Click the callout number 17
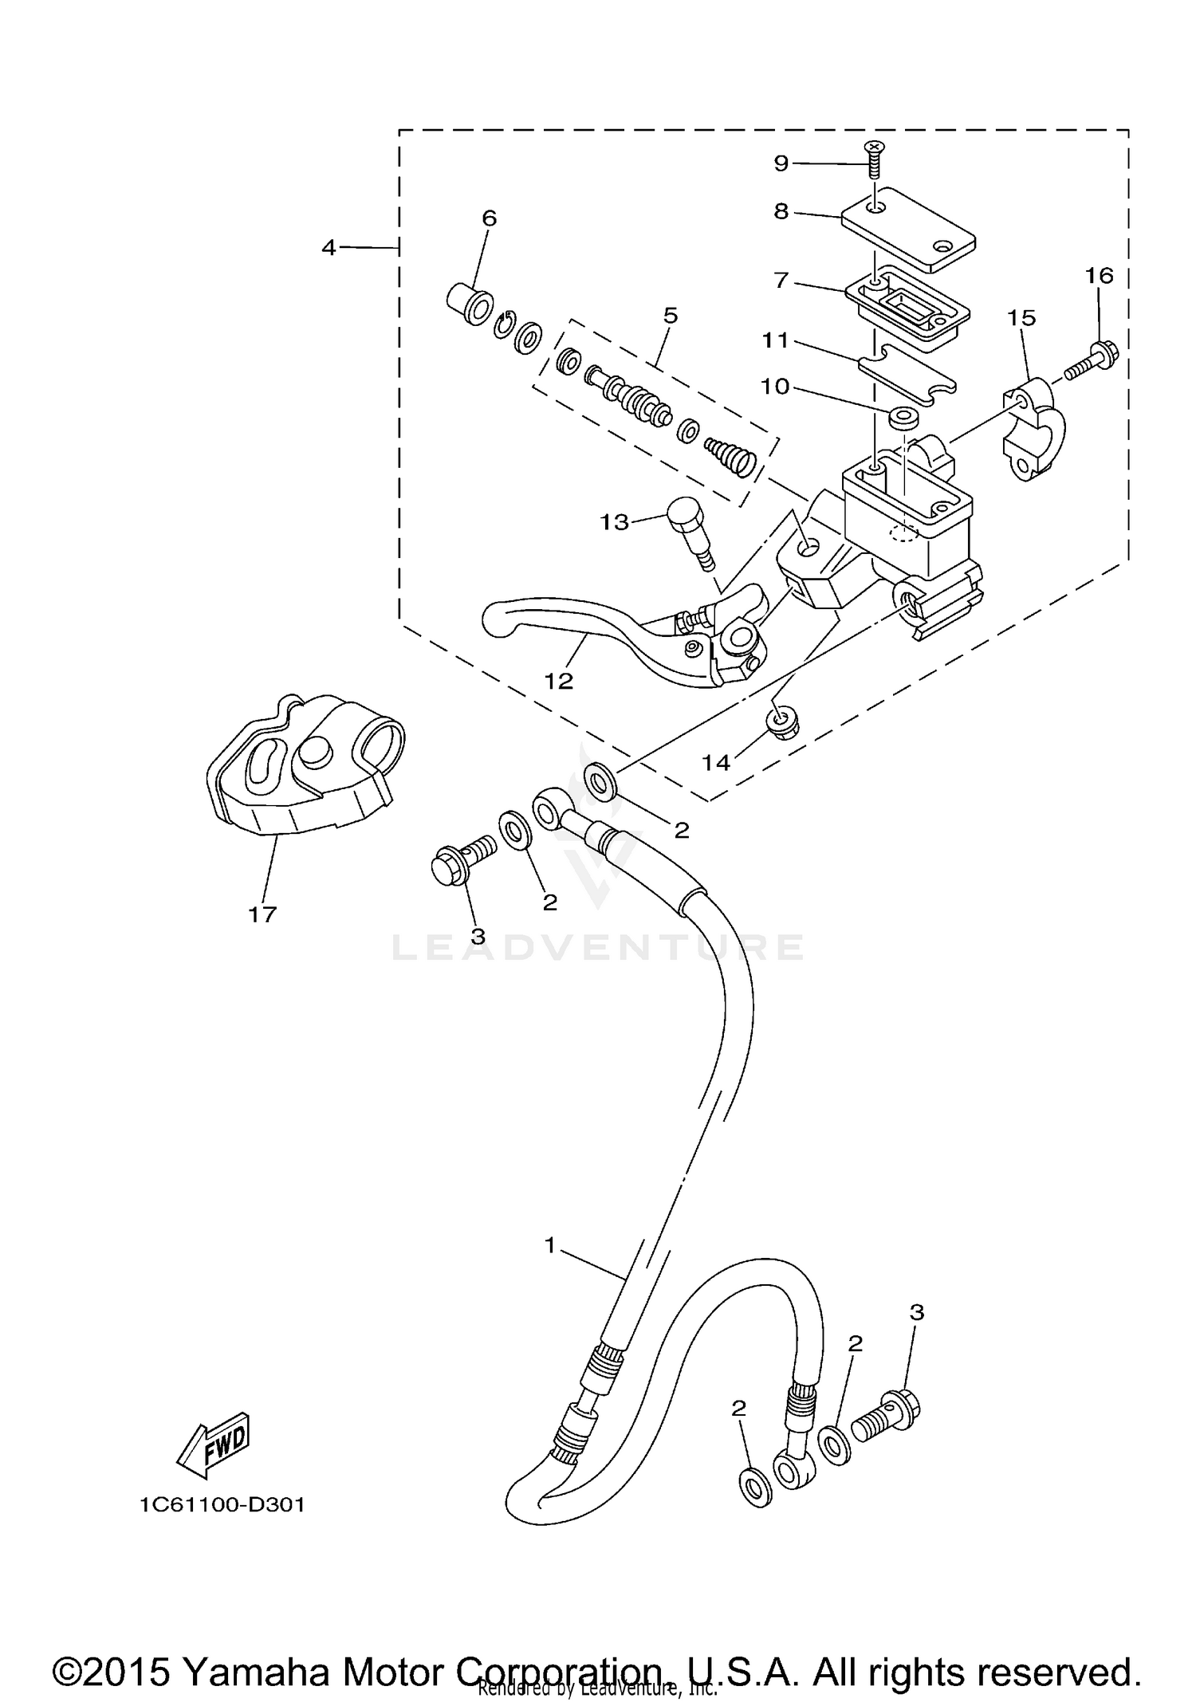point(262,914)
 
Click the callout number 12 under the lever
point(559,681)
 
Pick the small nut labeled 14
point(780,721)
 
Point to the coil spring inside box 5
point(731,459)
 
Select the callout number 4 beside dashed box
point(329,248)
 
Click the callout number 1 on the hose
point(549,1245)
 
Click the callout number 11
point(775,340)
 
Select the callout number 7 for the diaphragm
point(781,280)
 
